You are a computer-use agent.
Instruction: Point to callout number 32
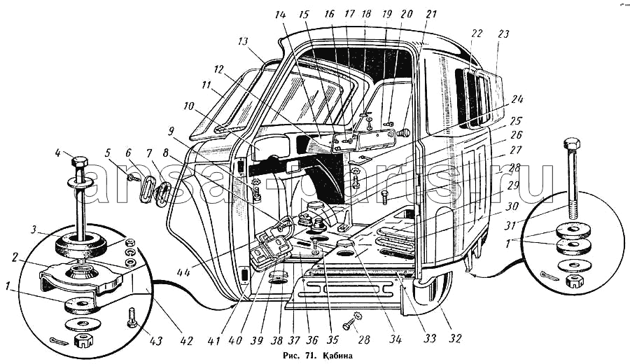tap(456, 339)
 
